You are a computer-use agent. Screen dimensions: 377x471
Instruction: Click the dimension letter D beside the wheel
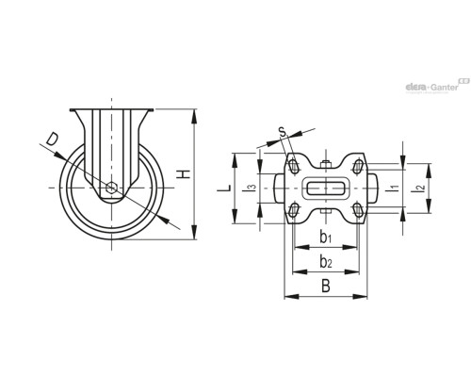(x=53, y=141)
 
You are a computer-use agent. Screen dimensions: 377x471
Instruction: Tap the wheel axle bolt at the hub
(x=112, y=188)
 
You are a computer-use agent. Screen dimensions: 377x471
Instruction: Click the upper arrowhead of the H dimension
(x=193, y=115)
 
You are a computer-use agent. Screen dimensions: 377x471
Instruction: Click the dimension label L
(x=224, y=188)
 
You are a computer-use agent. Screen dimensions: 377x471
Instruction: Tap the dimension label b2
(x=325, y=261)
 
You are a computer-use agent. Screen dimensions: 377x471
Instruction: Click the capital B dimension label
(x=324, y=284)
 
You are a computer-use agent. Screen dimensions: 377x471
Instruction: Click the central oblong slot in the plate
(x=325, y=188)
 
